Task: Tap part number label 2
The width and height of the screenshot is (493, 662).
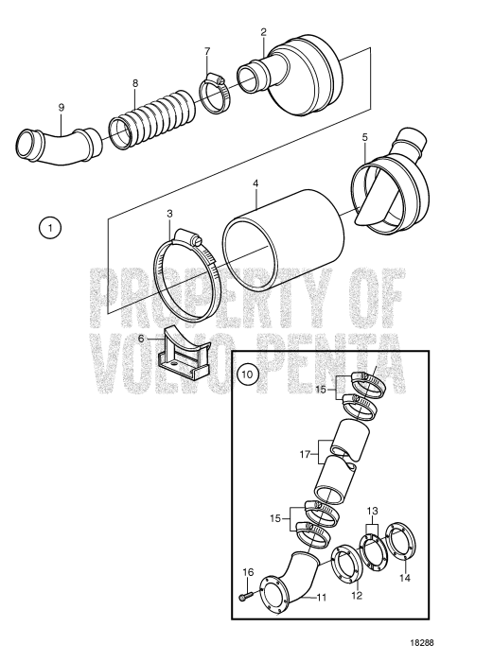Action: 264,33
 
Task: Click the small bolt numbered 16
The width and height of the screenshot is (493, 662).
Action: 246,597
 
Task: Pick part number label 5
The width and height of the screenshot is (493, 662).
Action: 364,137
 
